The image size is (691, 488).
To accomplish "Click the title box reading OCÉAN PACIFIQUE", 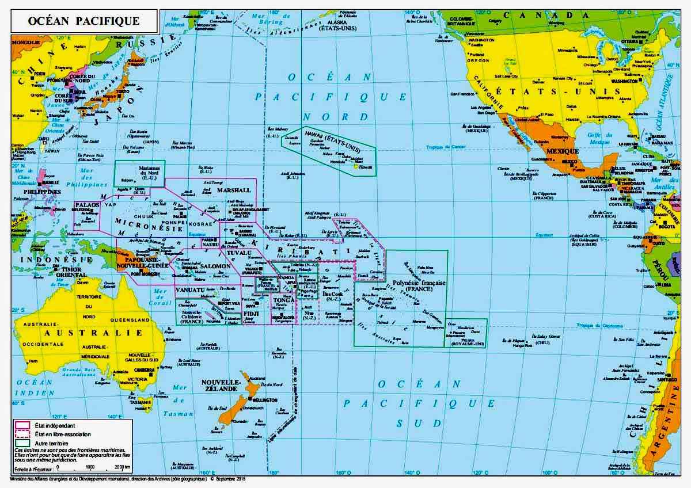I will (84, 21).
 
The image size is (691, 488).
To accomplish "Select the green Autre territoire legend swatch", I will (22, 443).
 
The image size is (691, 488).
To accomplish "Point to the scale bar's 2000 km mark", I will (122, 467).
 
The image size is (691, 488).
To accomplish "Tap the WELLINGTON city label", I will (265, 399).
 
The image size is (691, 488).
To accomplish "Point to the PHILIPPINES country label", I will (41, 192).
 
